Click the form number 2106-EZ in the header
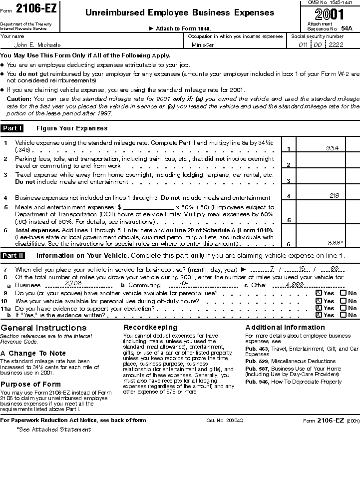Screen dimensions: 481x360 tap(36, 8)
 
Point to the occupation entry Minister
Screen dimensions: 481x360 tap(203, 45)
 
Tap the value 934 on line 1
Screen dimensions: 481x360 tap(332, 148)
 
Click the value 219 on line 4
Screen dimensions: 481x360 tap(335, 196)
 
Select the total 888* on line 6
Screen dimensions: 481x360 tap(335, 243)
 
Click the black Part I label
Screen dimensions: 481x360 tap(12, 128)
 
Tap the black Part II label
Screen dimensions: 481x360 tap(12, 256)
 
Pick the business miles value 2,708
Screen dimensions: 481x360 tap(73, 283)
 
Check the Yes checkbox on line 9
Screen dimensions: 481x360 tap(319, 294)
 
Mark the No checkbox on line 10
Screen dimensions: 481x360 tap(344, 301)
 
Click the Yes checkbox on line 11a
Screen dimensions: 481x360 tap(319, 308)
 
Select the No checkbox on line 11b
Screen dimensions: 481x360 tap(344, 315)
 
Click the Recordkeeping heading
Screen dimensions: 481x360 tap(150, 327)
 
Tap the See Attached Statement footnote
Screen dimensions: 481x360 tap(53, 430)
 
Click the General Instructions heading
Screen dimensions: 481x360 tap(43, 328)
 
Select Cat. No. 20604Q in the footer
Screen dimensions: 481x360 tap(225, 421)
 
